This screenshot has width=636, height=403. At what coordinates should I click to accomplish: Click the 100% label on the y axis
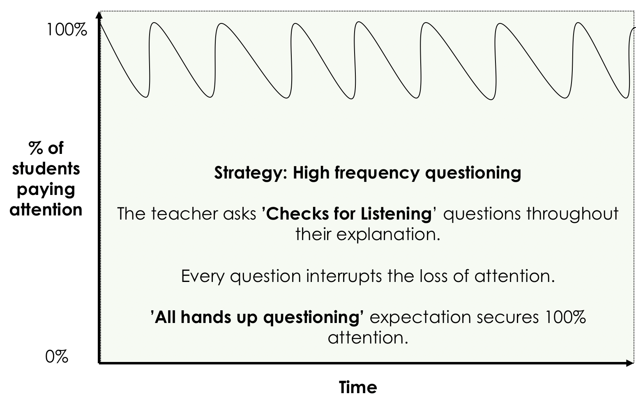pyautogui.click(x=67, y=30)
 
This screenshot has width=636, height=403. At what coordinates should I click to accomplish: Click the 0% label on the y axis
pyautogui.click(x=57, y=357)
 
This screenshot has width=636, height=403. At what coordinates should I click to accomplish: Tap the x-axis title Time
pyautogui.click(x=358, y=387)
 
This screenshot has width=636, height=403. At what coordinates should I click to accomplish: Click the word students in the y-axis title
pyautogui.click(x=46, y=169)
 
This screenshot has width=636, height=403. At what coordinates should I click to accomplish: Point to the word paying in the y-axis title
pyautogui.click(x=46, y=190)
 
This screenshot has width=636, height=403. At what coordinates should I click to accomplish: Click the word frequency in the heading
pyautogui.click(x=376, y=173)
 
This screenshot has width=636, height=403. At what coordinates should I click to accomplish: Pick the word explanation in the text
pyautogui.click(x=388, y=235)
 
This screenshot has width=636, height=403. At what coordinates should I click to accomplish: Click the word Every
pyautogui.click(x=203, y=277)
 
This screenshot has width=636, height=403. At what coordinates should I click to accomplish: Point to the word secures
pyautogui.click(x=507, y=318)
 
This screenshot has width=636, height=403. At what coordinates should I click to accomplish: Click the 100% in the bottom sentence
pyautogui.click(x=565, y=317)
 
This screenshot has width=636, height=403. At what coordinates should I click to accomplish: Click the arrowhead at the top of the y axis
pyautogui.click(x=99, y=15)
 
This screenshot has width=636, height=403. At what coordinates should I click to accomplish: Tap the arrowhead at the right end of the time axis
pyautogui.click(x=630, y=363)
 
